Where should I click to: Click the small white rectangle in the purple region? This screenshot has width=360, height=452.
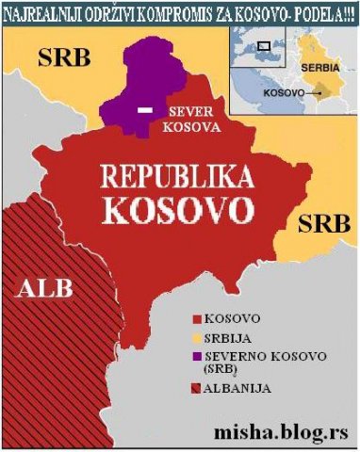point(145,111)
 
